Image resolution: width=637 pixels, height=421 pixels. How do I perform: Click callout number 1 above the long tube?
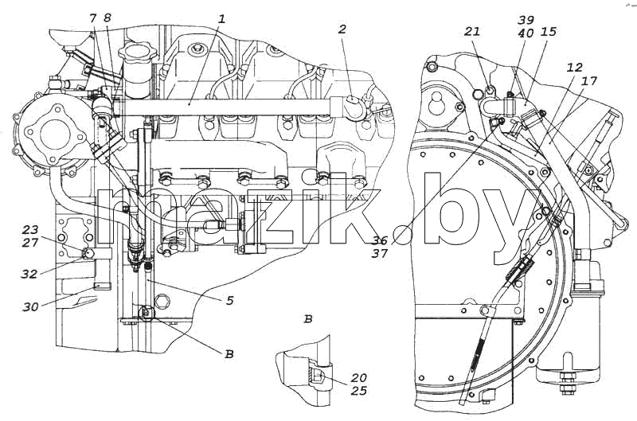(x=221, y=19)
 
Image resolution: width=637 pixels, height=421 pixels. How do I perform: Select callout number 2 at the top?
(x=342, y=29)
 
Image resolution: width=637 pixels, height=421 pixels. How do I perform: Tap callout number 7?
(x=93, y=18)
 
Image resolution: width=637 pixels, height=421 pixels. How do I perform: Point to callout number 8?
(x=107, y=18)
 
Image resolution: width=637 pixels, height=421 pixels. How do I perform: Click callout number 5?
(x=230, y=301)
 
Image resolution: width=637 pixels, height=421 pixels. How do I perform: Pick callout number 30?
(x=31, y=307)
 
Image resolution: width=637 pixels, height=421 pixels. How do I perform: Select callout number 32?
(x=29, y=274)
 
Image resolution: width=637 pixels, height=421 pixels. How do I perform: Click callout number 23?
(x=30, y=231)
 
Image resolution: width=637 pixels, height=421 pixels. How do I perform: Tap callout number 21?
(x=472, y=31)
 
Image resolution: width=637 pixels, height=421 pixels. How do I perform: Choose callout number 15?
(x=549, y=32)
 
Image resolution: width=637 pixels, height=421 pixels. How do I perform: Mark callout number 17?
(x=589, y=81)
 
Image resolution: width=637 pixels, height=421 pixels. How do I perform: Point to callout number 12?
(x=574, y=68)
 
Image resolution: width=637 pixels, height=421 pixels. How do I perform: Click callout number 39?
(x=526, y=19)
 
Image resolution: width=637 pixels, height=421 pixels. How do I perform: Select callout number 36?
(x=380, y=240)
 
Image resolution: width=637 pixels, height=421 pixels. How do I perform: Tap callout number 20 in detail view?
(x=359, y=378)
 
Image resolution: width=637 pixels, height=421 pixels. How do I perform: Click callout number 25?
(x=358, y=391)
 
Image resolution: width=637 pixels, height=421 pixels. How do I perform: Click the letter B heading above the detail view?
(x=308, y=319)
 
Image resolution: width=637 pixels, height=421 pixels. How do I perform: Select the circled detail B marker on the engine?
(x=147, y=313)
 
